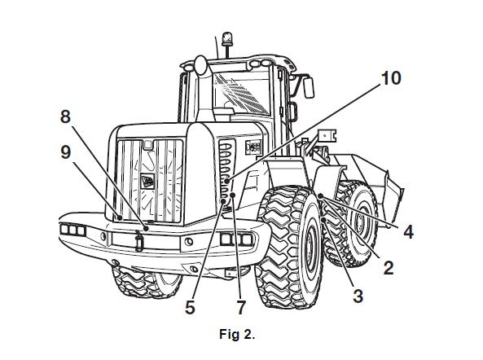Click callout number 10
(x=391, y=78)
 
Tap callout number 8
(x=65, y=117)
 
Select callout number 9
(x=66, y=152)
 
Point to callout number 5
(x=190, y=307)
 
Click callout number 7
(x=241, y=307)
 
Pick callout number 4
(x=408, y=231)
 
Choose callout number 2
(x=389, y=267)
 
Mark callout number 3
(x=358, y=296)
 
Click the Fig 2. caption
(x=237, y=334)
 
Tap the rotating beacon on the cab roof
(x=227, y=38)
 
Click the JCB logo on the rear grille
(x=147, y=182)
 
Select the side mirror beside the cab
(x=309, y=87)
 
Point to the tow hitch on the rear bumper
(x=139, y=241)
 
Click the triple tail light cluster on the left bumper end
(x=73, y=230)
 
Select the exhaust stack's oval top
(x=200, y=65)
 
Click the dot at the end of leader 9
(x=120, y=217)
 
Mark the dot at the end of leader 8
(x=147, y=229)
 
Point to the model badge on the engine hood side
(x=253, y=147)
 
